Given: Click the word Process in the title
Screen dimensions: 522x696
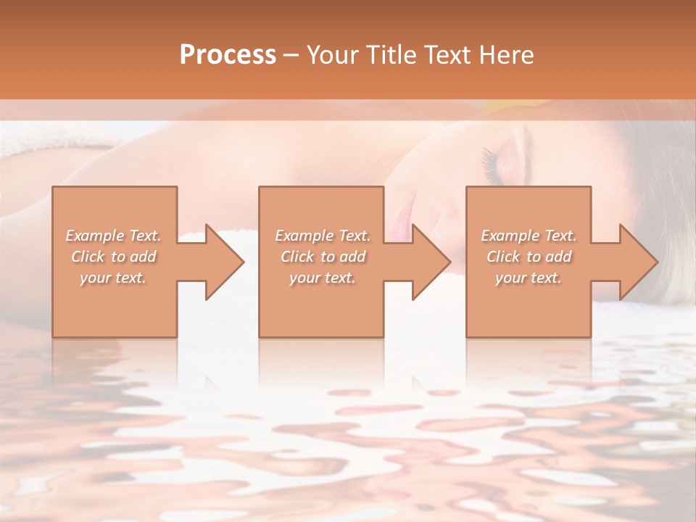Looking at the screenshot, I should [x=228, y=55].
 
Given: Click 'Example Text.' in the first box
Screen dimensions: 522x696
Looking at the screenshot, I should [x=114, y=236].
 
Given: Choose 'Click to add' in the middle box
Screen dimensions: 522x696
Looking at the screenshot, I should [x=323, y=257].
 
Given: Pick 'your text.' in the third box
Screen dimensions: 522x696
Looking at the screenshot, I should [x=529, y=278].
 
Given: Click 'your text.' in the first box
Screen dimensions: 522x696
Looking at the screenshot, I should [x=114, y=278].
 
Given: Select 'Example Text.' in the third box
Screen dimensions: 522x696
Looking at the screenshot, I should [x=529, y=236].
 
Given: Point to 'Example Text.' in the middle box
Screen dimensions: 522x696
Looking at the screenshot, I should [x=323, y=236].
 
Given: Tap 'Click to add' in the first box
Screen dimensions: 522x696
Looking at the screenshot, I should [x=114, y=257].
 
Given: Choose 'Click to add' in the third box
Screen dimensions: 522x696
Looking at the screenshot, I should [x=529, y=257].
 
